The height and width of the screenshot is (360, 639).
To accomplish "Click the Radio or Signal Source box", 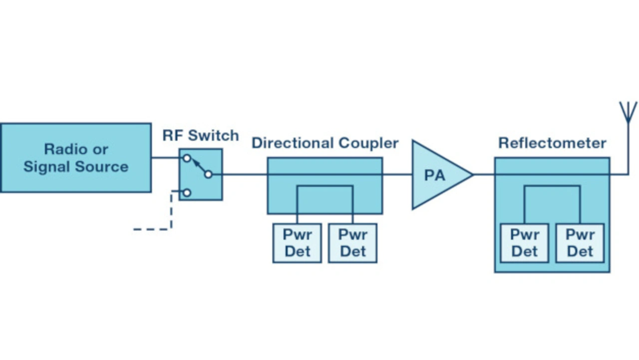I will point(75,158).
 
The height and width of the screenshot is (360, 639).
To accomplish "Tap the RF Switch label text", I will point(201,135).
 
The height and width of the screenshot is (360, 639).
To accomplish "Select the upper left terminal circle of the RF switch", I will point(187,158).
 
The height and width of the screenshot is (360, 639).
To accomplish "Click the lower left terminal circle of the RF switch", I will point(187,193).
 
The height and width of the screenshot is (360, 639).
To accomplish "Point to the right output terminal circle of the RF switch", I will point(208,174).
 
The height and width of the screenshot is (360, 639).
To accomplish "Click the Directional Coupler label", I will point(325,143).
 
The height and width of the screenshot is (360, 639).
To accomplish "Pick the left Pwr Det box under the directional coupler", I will point(297,243).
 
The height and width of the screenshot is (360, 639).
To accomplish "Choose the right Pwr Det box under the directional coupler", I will point(352,243).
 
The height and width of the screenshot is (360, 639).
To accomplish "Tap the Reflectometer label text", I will point(552,143).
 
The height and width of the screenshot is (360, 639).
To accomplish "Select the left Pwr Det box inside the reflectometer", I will point(525,243).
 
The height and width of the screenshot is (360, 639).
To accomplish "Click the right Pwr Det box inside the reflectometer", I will point(580,243).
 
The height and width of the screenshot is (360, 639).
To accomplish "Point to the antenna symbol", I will point(628,112).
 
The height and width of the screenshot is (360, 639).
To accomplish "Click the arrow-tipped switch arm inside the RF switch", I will point(198,166).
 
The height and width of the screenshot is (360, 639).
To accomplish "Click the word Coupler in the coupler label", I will point(369,143).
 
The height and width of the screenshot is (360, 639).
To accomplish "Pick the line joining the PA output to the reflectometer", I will point(483,174).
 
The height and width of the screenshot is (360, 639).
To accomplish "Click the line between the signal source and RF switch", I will point(166,158).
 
